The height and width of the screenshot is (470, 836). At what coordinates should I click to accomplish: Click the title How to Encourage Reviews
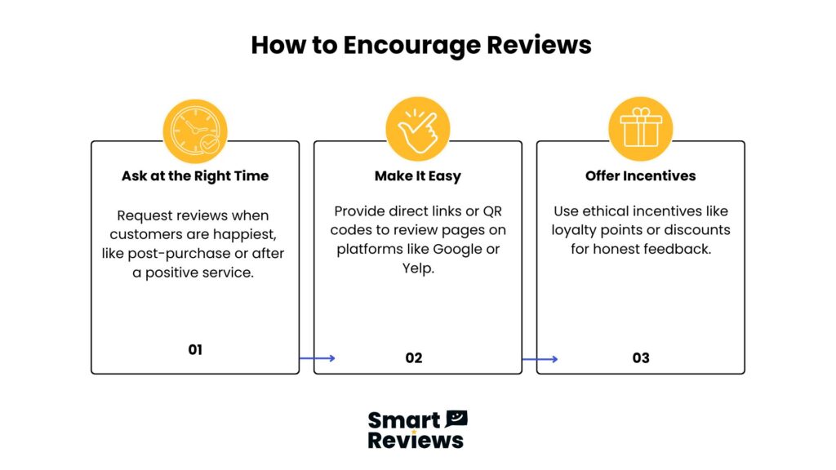point(421,46)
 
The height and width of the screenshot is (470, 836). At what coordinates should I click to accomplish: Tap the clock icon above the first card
point(195,131)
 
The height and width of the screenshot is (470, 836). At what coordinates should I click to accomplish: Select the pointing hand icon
point(418,129)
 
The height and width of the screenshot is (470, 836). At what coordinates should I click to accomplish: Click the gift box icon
point(640,129)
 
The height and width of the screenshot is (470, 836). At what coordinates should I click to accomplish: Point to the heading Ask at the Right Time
point(195,176)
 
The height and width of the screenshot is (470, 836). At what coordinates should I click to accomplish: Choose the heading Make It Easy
point(418,176)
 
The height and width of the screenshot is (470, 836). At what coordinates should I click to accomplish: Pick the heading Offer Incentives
point(640,176)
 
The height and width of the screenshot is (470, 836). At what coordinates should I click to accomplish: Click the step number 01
point(195,349)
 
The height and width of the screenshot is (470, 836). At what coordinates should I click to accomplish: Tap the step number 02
point(414,357)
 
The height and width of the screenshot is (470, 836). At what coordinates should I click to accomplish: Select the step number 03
point(641,357)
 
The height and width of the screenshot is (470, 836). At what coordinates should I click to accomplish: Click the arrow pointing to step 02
point(318,358)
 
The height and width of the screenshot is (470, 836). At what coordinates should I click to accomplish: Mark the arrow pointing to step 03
point(540,359)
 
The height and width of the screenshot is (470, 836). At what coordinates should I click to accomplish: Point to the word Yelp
point(418,268)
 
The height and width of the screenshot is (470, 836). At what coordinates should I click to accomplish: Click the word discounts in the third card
point(697,230)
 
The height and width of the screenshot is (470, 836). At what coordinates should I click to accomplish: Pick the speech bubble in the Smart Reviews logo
point(456,419)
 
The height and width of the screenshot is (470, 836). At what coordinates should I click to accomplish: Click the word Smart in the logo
point(404,420)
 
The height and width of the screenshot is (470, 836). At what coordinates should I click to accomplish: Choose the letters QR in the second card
point(492,211)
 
